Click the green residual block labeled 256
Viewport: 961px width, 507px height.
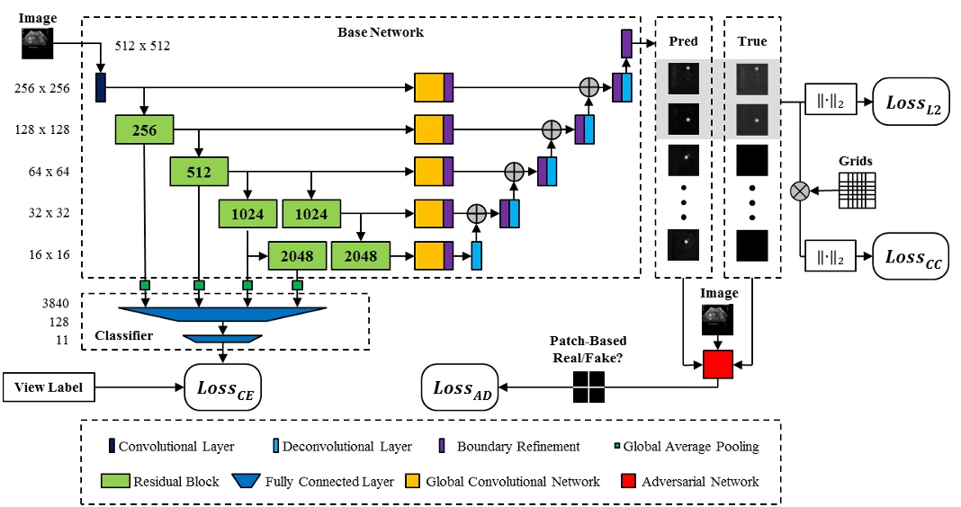[144, 130]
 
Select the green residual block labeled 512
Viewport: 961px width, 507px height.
[198, 171]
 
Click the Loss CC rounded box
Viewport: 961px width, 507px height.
[911, 257]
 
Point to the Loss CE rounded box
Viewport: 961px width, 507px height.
[222, 387]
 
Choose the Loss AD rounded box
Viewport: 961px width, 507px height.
[461, 388]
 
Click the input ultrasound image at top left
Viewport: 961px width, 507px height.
[38, 42]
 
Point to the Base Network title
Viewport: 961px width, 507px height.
[380, 32]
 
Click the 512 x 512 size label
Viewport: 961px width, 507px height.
[143, 45]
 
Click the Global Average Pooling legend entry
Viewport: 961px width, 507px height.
[698, 446]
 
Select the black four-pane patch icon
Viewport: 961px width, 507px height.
[588, 387]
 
